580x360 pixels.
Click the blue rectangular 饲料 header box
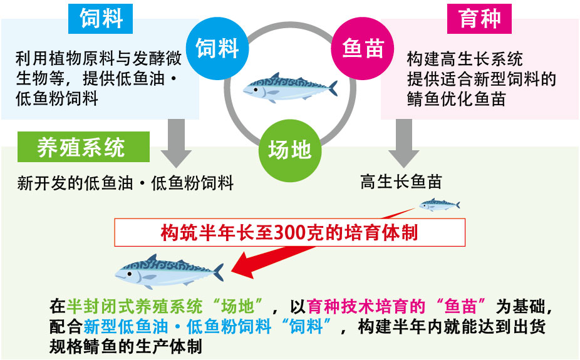point(101,19)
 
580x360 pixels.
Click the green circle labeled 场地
point(289,150)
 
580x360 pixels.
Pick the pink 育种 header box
point(479,19)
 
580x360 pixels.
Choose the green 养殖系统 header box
point(81,147)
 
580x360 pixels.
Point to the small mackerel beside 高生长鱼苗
point(438,204)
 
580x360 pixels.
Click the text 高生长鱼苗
point(401,182)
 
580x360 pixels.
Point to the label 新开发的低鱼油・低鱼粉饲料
point(125,183)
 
